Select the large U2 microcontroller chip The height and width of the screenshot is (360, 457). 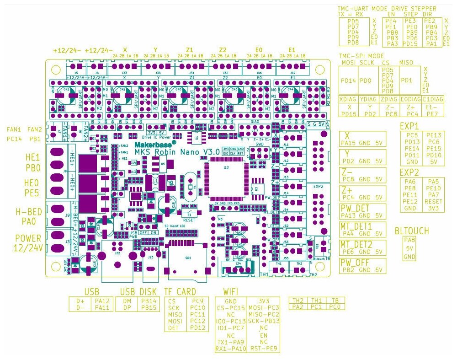[x=226, y=177]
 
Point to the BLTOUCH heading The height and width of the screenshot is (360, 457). [x=412, y=231]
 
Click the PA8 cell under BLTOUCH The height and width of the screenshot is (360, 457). [x=409, y=241]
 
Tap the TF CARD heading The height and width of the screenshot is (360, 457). [x=180, y=292]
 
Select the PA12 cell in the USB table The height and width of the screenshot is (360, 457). [x=102, y=301]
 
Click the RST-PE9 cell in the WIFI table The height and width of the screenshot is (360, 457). [x=262, y=349]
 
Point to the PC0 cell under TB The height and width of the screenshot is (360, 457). [x=335, y=307]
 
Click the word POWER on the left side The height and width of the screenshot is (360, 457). [x=28, y=238]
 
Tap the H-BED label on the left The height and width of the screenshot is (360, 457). [x=28, y=212]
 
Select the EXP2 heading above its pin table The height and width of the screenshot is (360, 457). [x=409, y=173]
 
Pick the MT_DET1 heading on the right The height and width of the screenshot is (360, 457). [x=356, y=226]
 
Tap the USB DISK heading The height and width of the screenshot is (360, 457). [x=139, y=292]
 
